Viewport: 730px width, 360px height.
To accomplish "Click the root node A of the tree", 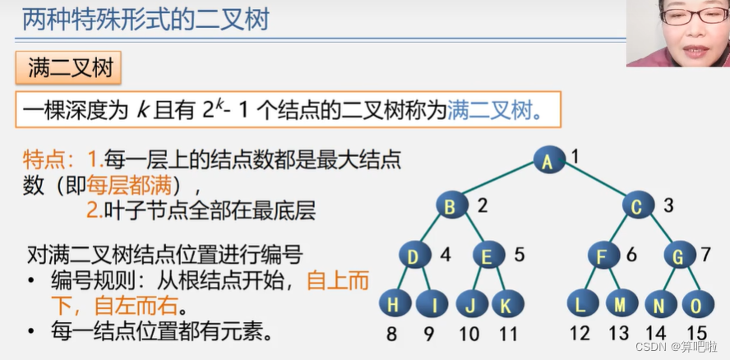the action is [547, 160].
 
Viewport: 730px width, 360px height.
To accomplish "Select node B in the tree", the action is [450, 207].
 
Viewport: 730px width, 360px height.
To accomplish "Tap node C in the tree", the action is [637, 207].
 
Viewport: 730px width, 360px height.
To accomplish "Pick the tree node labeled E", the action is [487, 257].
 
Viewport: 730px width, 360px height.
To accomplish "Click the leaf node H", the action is [395, 305].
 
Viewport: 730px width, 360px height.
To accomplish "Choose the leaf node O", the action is [696, 305].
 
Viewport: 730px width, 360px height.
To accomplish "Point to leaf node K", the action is [507, 305].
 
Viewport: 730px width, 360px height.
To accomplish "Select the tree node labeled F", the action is [603, 257].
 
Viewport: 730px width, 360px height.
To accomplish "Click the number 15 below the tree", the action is [697, 334].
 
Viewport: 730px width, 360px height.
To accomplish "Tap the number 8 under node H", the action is [391, 334].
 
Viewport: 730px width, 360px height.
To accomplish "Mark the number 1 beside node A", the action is [575, 155].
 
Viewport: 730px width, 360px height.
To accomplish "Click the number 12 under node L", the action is [580, 334].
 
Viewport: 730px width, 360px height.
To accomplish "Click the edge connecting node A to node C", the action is [594, 183].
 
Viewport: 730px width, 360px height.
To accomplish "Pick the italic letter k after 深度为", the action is [141, 110].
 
